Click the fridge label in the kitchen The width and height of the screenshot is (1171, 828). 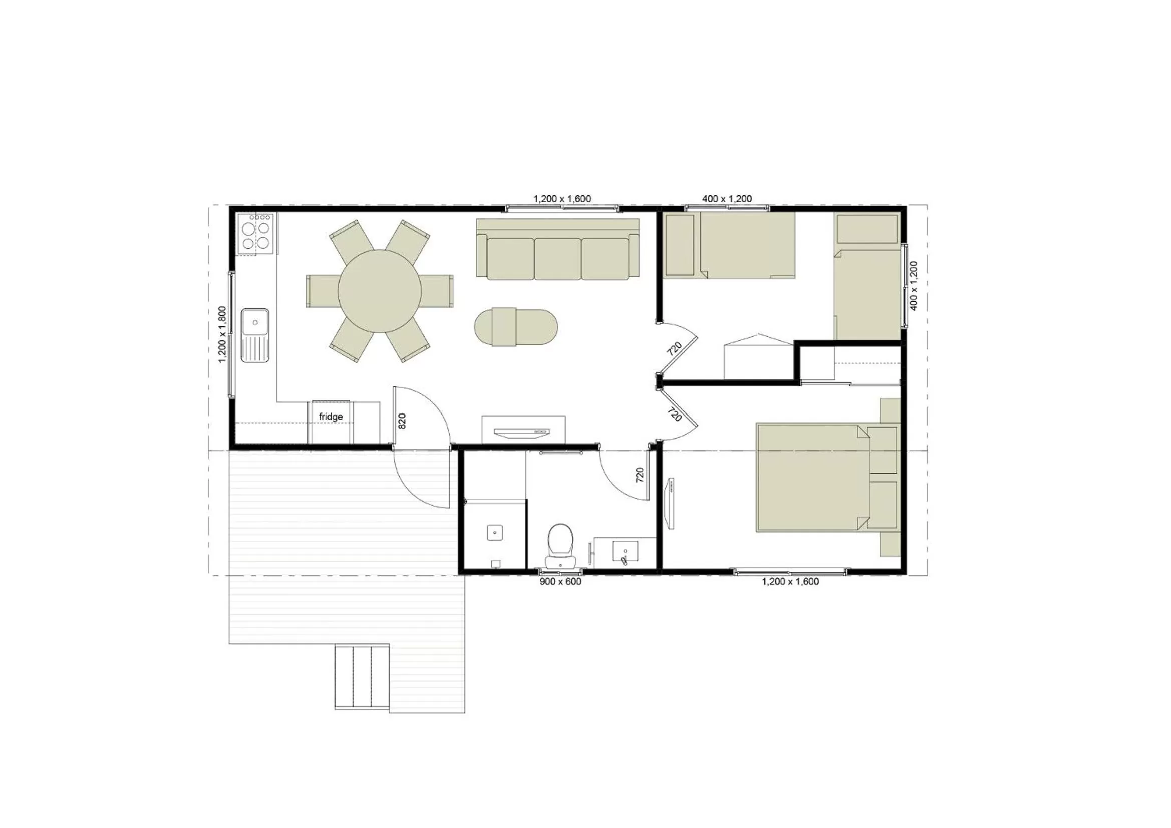(331, 417)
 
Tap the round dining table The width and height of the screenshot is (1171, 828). (380, 291)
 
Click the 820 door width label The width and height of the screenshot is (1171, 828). (402, 421)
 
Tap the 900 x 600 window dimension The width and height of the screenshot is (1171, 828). (560, 582)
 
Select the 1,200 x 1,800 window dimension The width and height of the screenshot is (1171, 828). (222, 334)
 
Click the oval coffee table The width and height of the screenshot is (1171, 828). (515, 327)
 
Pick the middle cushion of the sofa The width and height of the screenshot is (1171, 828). (557, 258)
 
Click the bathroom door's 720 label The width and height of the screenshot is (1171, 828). (640, 475)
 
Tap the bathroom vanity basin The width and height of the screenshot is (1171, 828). (624, 552)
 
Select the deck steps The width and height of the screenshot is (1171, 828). (362, 676)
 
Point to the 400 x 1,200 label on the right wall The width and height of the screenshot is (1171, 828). (914, 286)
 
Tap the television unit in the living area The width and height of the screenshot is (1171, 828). (523, 430)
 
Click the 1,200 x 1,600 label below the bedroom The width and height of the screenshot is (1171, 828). (790, 582)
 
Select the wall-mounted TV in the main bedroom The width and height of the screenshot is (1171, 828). (671, 503)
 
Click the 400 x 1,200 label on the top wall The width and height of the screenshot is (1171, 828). (726, 199)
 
